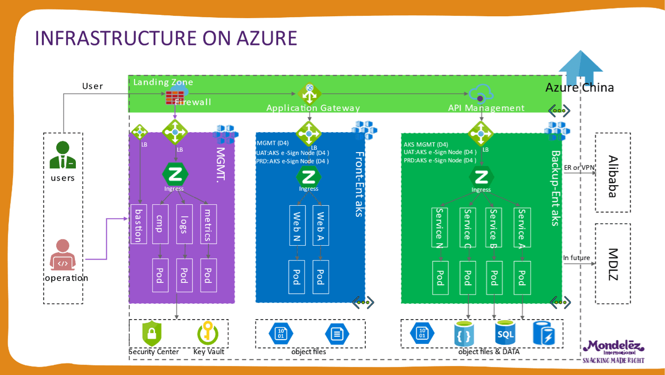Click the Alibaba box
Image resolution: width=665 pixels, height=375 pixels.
(x=613, y=172)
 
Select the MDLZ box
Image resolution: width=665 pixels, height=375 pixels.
(x=613, y=264)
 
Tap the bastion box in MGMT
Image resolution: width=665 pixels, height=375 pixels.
(x=138, y=224)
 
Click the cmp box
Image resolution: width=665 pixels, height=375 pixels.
(x=159, y=224)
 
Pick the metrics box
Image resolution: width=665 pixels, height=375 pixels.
(x=208, y=224)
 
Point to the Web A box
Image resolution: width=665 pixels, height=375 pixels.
(x=321, y=225)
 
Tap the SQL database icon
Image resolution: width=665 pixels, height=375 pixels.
(x=505, y=333)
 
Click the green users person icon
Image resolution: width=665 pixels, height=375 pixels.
(x=62, y=156)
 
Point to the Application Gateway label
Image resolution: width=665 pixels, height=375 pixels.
(x=313, y=108)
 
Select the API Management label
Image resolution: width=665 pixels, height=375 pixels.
(x=487, y=108)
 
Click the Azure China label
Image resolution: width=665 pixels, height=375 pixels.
(x=580, y=88)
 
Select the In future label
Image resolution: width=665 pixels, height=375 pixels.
(x=577, y=258)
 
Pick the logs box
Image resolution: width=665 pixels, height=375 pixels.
(x=184, y=224)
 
